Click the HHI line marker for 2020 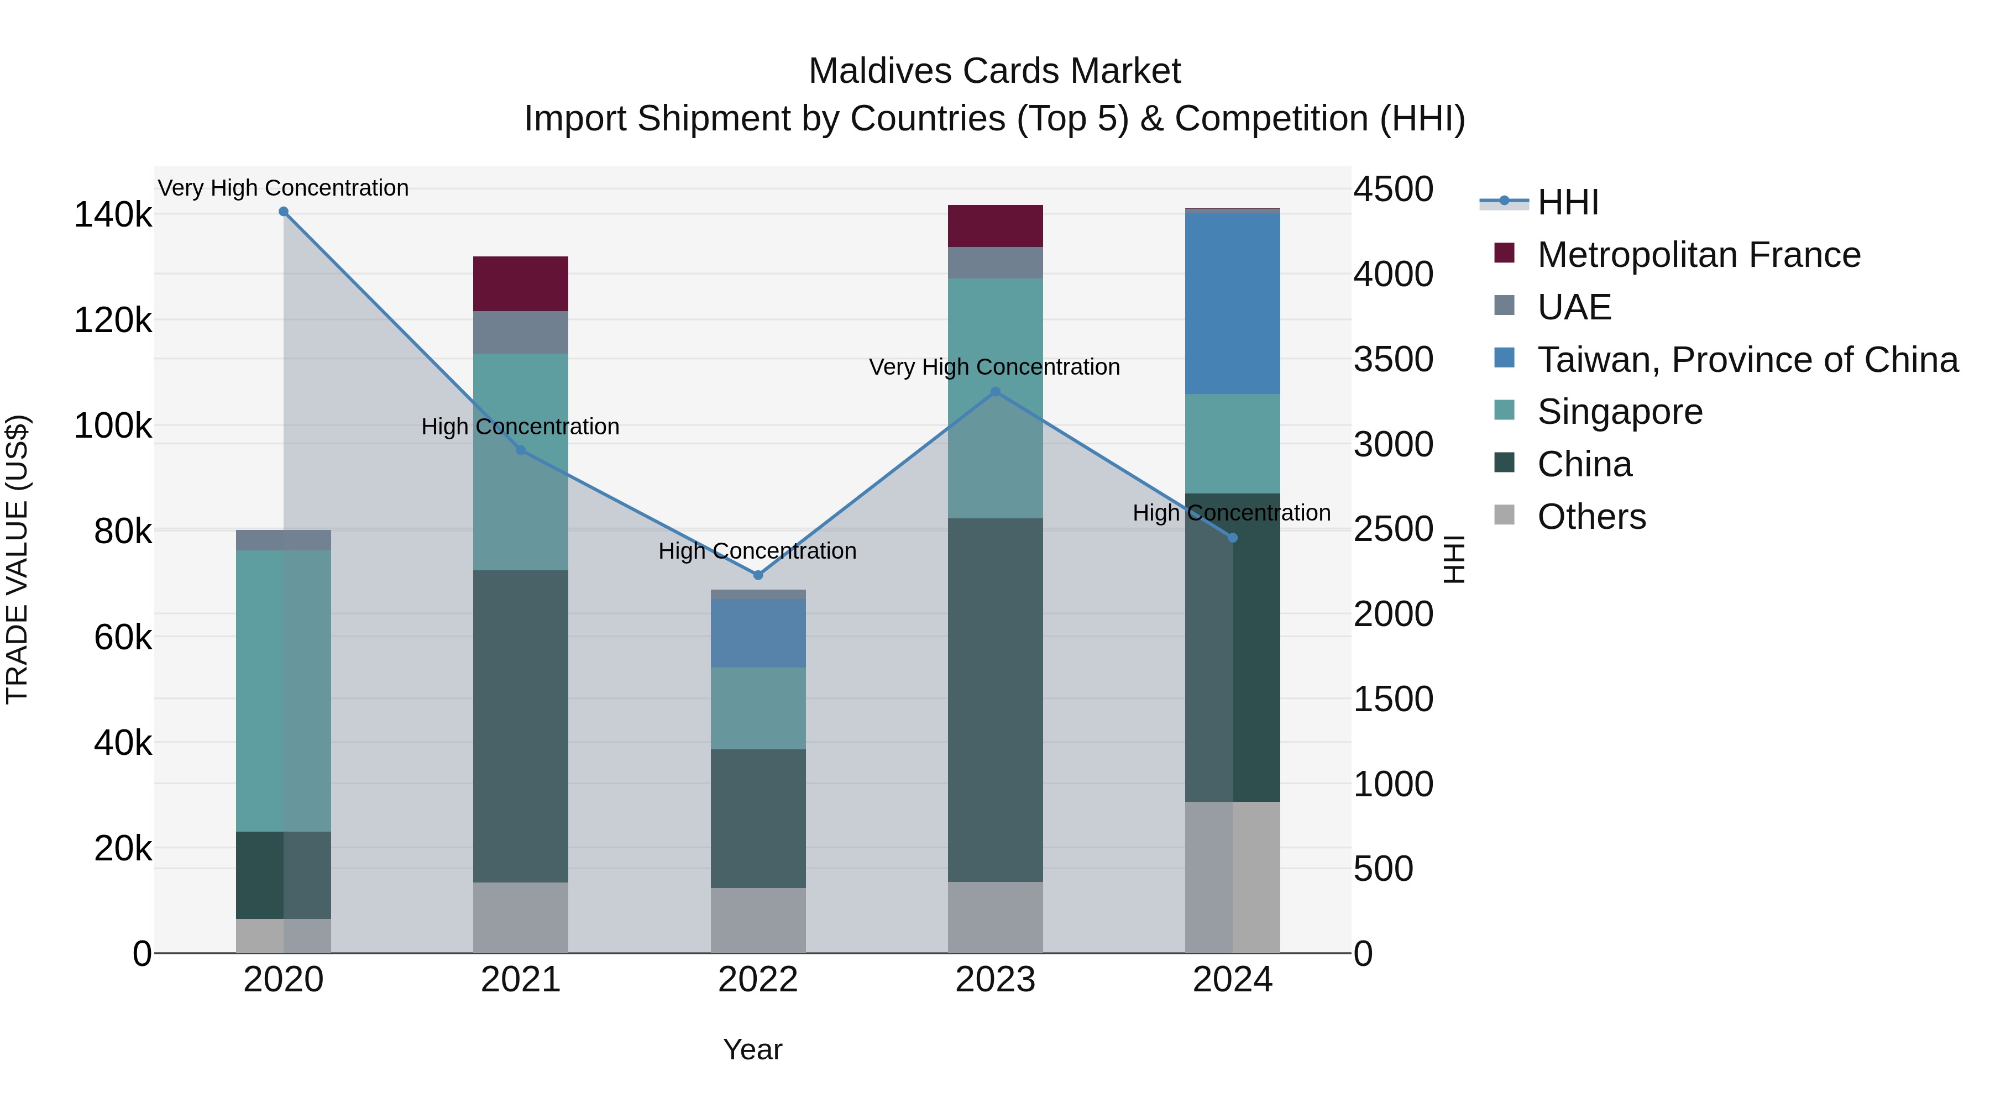point(284,212)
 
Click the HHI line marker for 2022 point(758,575)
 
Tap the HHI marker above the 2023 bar point(995,392)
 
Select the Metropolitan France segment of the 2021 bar point(520,283)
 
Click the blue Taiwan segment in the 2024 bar point(1232,303)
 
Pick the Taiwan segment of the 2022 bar point(758,633)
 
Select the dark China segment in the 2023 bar point(995,699)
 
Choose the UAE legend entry point(1574,307)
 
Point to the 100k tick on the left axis point(113,425)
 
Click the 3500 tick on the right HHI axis point(1393,359)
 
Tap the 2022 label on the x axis point(758,980)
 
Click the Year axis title point(752,1049)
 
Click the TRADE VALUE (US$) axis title point(17,559)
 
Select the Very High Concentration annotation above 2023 point(994,367)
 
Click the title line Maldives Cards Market point(994,71)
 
